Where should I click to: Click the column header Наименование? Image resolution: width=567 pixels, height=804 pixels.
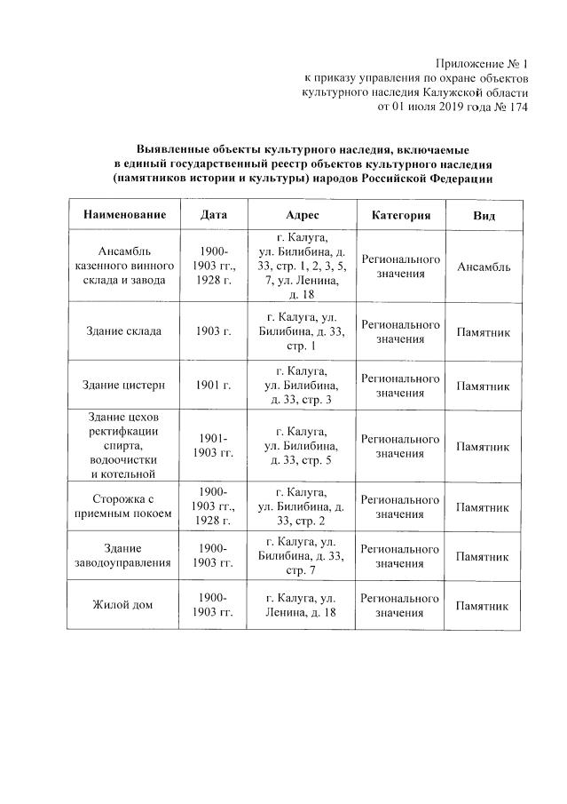124,216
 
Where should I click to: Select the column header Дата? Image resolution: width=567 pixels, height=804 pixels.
214,216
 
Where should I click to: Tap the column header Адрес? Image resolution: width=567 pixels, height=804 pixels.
303,216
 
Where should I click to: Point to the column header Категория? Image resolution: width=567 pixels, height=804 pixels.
400,216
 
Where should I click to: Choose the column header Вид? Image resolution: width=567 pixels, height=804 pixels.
484,216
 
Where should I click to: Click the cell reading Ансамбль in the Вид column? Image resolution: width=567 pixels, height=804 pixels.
484,267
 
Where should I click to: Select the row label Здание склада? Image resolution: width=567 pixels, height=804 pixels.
124,331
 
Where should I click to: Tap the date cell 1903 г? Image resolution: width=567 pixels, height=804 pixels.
214,331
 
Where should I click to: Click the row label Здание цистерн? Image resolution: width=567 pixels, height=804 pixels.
124,386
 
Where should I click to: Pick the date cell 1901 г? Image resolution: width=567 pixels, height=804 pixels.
214,386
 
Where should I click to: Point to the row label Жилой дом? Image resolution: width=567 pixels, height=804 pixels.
124,605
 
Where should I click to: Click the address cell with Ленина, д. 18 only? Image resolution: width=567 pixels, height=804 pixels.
303,605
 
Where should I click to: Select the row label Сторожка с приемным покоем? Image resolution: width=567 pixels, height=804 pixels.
124,505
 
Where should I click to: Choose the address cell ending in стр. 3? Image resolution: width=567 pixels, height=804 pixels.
303,386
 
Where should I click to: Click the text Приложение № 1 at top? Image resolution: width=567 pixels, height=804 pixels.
481,64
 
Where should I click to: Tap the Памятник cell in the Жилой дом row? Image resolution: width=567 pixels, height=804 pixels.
484,605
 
